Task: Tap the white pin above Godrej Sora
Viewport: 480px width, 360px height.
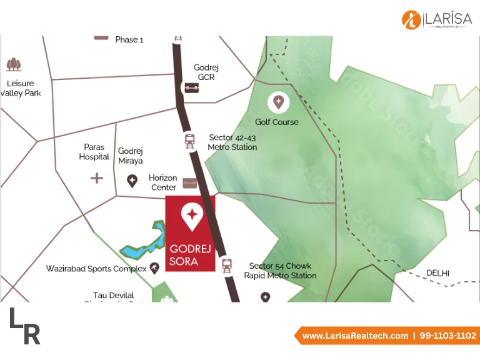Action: pos(191,215)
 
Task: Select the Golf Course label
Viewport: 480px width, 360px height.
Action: pos(277,122)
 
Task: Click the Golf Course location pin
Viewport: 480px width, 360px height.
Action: pos(277,101)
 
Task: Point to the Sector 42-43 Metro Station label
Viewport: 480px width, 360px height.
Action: pos(232,142)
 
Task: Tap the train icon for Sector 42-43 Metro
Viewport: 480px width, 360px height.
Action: pos(189,141)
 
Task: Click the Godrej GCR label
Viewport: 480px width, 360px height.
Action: pos(206,72)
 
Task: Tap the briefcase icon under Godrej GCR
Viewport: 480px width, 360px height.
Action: pos(191,87)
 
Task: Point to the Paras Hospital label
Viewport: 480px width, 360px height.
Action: pos(94,152)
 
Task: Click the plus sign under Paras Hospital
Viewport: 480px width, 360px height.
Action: pos(97,179)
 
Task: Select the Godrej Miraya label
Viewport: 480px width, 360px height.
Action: pos(131,156)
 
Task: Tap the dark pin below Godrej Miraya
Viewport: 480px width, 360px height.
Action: pos(132,181)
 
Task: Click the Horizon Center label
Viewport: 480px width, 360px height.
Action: pos(162,182)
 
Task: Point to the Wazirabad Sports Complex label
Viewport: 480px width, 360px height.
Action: pos(96,269)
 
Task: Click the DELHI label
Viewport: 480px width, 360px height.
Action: pos(437,272)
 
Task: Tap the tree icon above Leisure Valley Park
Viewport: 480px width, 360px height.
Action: pos(13,64)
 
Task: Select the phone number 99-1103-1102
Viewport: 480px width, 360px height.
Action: pos(447,336)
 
